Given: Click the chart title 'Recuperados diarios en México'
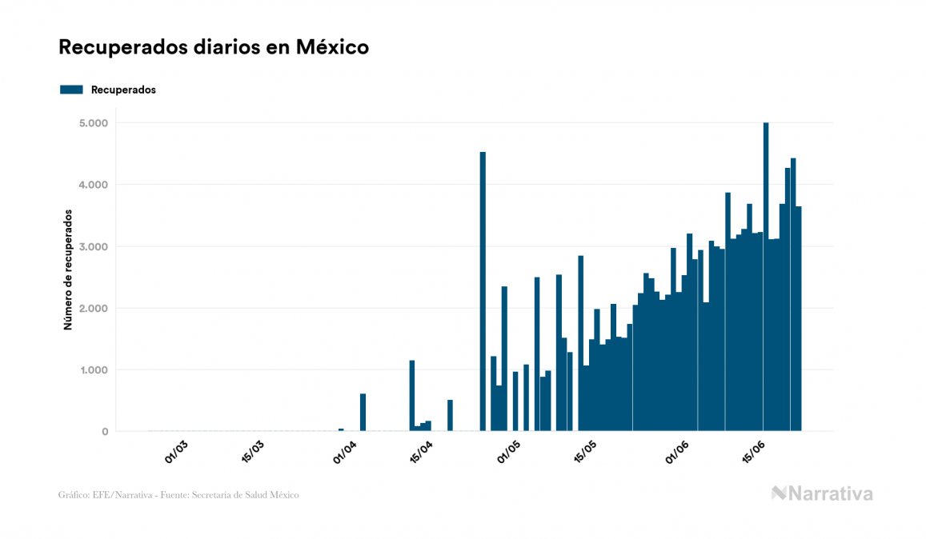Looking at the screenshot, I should click(214, 47).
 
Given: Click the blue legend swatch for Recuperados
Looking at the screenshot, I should click(71, 90).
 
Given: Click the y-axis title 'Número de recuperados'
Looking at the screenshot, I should click(68, 270).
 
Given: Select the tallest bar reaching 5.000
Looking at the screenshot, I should click(766, 277).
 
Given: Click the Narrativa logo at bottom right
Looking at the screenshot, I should click(822, 493).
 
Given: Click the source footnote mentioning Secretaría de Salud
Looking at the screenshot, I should click(178, 495).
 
